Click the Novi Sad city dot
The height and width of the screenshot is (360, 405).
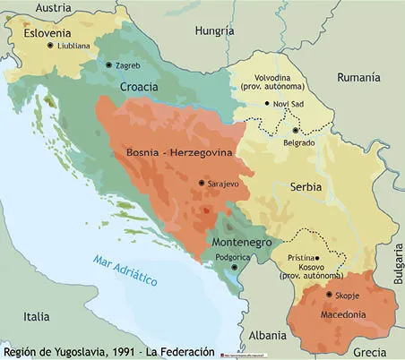pos(264,104)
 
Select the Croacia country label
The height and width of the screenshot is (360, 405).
pos(139,88)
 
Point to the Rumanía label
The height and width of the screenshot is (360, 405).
pos(358,78)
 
